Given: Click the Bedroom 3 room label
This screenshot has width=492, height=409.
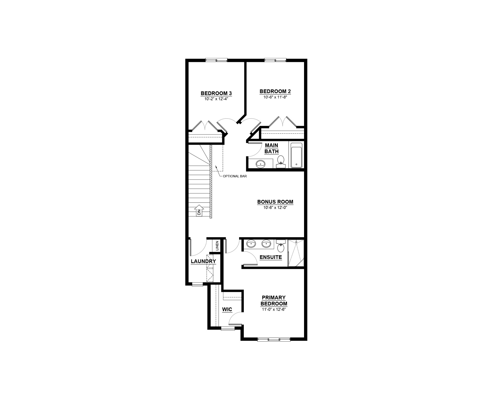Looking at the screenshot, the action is tap(214, 93).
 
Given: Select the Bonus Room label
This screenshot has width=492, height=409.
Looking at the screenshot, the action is tap(275, 202).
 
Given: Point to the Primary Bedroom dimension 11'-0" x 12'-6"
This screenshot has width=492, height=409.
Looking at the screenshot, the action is tap(274, 309).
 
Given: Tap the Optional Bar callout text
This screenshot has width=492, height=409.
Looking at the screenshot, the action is tap(235, 176).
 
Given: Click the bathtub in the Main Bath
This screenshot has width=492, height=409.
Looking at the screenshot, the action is tap(297, 156).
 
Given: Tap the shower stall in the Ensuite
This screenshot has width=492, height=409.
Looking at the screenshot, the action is tap(296, 253).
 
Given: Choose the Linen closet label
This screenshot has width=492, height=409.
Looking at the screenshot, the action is tap(217, 246).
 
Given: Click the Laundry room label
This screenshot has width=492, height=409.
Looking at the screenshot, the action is tap(203, 261).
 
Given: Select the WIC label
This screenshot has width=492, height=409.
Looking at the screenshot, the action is tap(227, 310).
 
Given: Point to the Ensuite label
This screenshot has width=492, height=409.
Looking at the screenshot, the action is tap(271, 257).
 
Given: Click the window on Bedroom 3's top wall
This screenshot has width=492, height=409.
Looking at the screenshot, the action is tap(216, 60).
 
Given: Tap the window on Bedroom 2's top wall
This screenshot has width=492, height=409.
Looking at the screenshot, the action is tap(275, 60).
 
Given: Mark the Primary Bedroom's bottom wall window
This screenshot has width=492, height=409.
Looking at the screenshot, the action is tap(274, 339).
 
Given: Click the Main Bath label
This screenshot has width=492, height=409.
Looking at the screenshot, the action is tap(271, 148).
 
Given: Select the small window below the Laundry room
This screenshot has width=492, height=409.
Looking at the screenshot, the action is tap(197, 284).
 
